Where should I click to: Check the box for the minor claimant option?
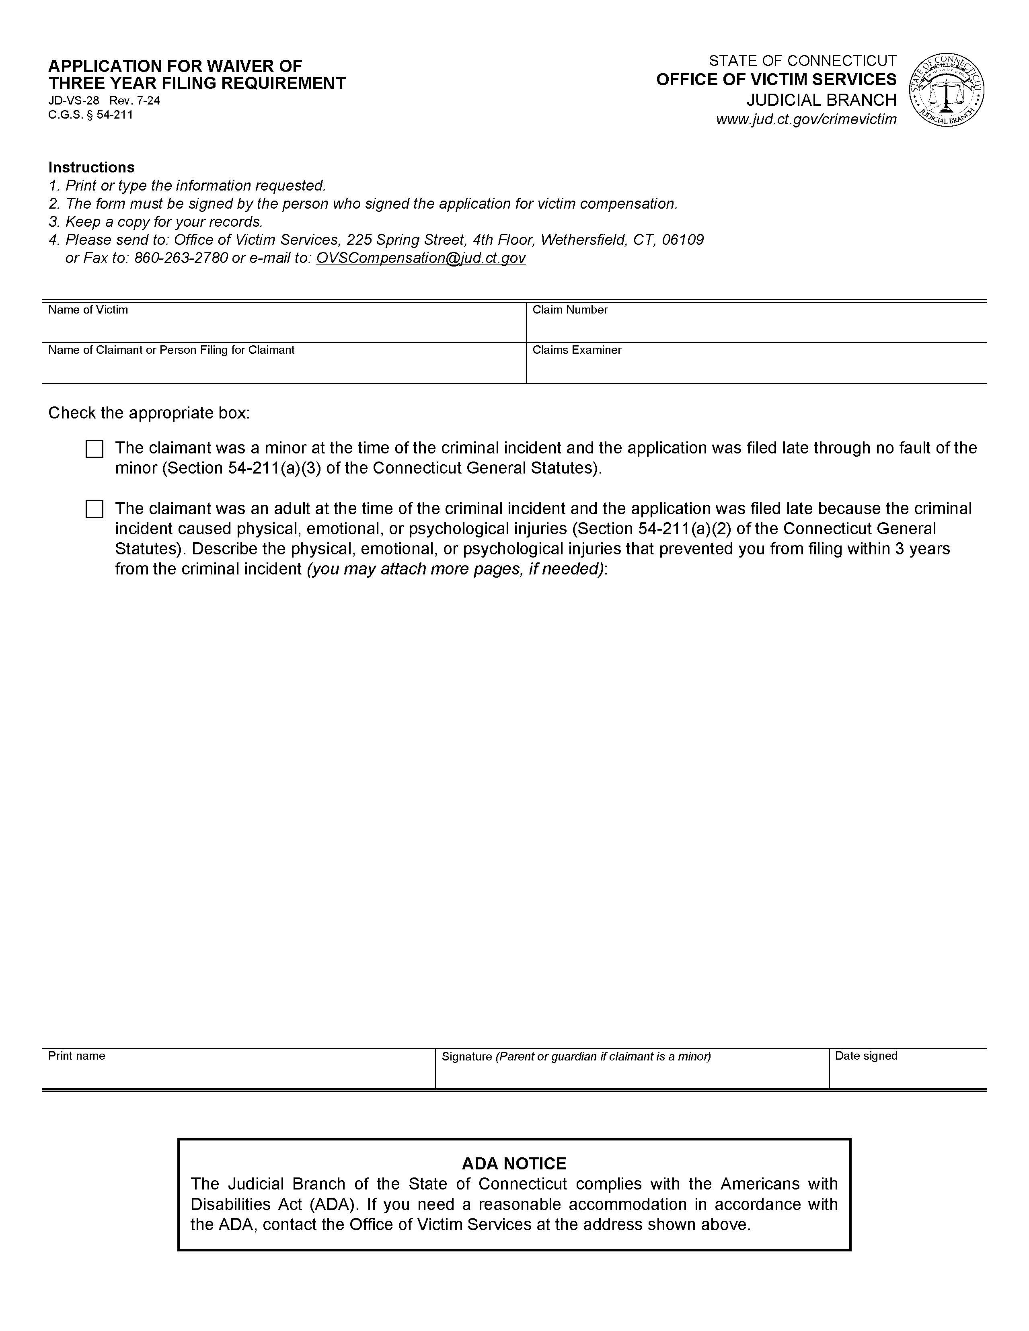point(94,449)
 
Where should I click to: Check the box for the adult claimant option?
point(94,509)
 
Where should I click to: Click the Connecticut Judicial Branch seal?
point(946,90)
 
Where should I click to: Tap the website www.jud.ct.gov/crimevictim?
point(806,119)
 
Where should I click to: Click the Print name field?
point(238,1076)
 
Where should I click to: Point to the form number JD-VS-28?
point(73,100)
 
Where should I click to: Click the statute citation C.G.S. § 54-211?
point(90,115)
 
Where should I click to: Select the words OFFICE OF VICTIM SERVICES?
point(776,80)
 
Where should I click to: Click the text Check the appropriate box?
point(149,413)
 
